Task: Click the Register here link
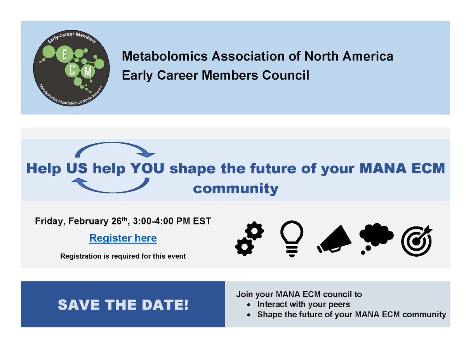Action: tap(123, 238)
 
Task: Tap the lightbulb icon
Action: tap(292, 241)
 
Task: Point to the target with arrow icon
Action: tap(416, 241)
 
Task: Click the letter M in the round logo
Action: tap(87, 72)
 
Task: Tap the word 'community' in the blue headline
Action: tap(236, 189)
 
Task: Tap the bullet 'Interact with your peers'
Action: tap(303, 304)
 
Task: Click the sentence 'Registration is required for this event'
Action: tap(123, 256)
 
